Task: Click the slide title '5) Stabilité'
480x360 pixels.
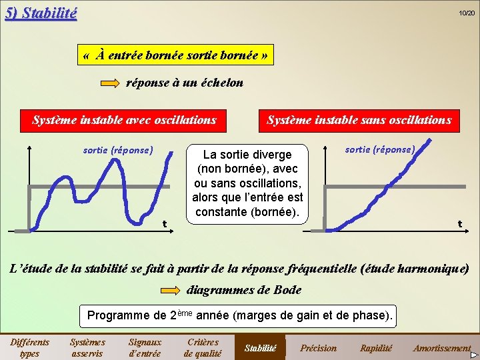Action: tap(41, 13)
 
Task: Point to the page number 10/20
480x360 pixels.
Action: tap(466, 13)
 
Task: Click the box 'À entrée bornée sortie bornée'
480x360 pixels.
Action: tap(177, 56)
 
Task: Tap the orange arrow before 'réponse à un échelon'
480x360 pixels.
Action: tap(111, 83)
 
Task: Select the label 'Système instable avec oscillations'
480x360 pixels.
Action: tap(125, 120)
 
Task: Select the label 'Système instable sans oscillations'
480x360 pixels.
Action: tap(359, 120)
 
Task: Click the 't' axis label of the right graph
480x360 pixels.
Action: tap(459, 224)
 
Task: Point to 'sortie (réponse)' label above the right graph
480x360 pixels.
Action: tap(380, 149)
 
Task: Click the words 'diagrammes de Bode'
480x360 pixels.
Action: tap(245, 290)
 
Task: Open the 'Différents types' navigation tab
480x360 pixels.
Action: tap(29, 347)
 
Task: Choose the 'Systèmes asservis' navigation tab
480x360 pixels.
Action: tap(87, 347)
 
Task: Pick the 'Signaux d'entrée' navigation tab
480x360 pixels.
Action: tap(145, 347)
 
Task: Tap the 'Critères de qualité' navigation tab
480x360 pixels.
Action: tap(203, 347)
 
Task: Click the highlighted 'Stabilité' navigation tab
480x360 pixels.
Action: tap(261, 347)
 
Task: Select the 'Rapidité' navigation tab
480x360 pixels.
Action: tap(376, 347)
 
